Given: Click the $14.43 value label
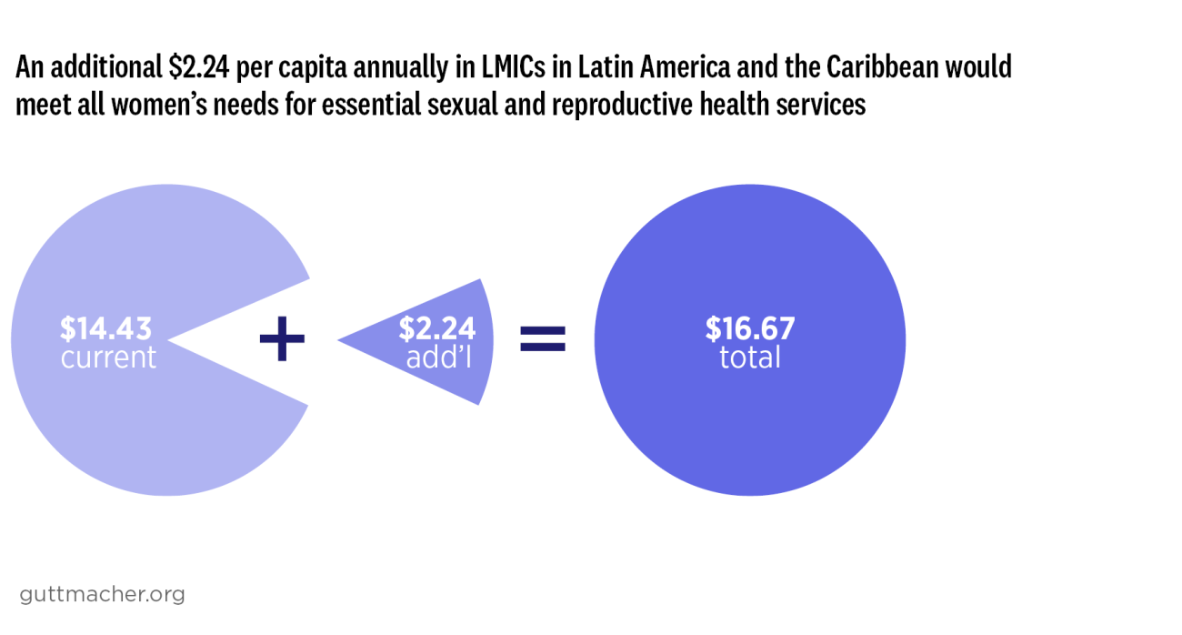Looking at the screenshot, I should coord(105,328).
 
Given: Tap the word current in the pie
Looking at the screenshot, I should coord(108,358).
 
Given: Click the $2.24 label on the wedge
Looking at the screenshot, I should coord(436,328).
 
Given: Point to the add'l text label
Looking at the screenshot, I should coord(438,358).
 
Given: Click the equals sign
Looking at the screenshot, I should coord(543,340).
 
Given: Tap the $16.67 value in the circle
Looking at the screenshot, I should coord(750,328).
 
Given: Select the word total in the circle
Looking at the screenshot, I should coord(750,358).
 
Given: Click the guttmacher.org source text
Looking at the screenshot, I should coord(102,594).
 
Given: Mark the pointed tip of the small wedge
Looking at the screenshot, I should coord(339,341).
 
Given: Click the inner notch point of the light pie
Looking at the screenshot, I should coord(169,341).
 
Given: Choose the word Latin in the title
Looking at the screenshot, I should coord(604,68).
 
